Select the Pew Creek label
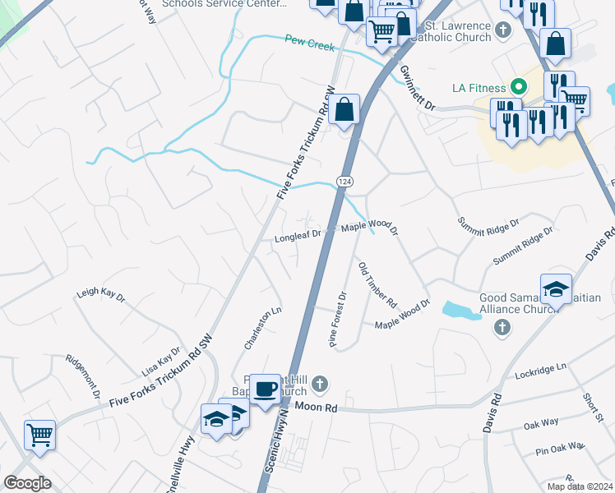point(309,42)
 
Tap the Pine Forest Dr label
point(339,320)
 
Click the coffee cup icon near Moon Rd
point(264,389)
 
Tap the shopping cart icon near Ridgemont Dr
point(39,434)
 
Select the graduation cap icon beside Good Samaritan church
point(556,289)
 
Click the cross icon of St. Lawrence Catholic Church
point(502,30)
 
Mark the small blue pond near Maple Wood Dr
point(461,310)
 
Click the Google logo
point(27,483)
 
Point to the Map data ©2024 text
point(579,486)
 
